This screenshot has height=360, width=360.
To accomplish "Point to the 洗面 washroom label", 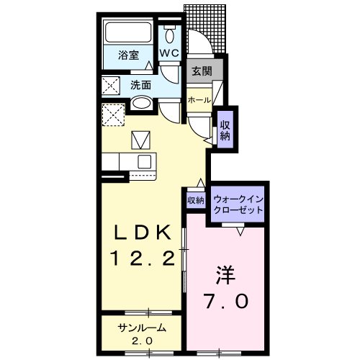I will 140,84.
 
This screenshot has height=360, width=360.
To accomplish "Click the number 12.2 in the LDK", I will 143,258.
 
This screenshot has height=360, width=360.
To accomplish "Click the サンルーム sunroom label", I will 141,328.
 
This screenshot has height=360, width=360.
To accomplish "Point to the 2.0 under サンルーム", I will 141,340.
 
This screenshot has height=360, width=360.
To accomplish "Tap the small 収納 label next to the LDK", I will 195,200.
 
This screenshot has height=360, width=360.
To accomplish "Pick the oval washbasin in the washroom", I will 143,104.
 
